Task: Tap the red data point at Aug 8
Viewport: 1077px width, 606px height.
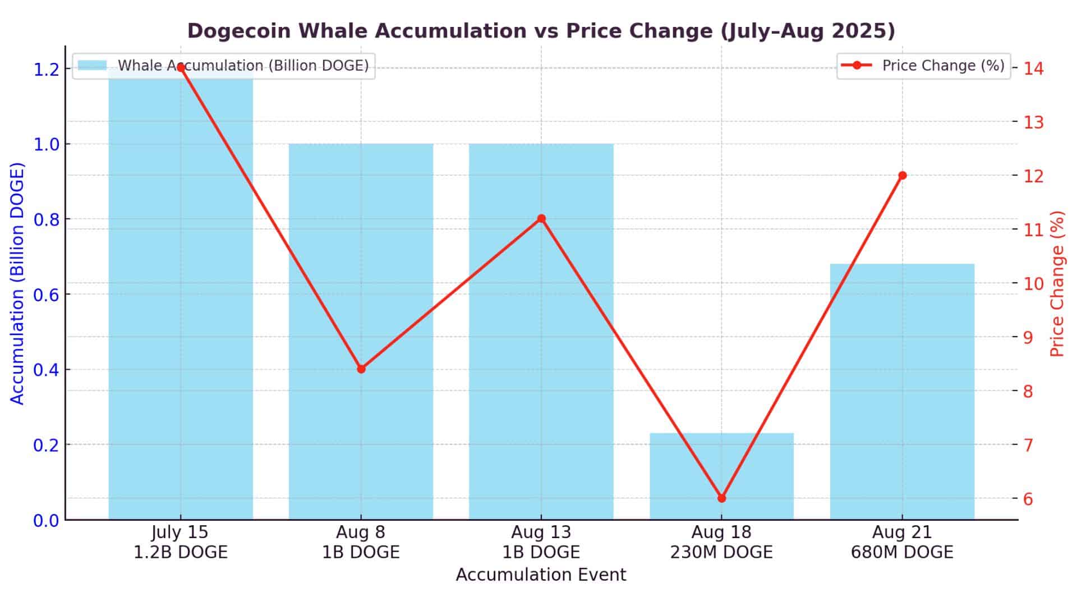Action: tap(361, 369)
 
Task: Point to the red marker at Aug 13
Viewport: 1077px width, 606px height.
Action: tap(541, 219)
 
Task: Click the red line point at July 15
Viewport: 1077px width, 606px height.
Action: tap(181, 68)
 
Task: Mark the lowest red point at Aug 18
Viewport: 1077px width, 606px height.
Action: tap(722, 498)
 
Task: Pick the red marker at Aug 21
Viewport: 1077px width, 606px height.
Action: tap(903, 176)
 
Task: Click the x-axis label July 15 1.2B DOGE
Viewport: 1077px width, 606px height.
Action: tap(181, 542)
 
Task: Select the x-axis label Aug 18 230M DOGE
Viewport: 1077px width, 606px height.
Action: tap(721, 542)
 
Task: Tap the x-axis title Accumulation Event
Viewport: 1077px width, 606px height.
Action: tap(541, 575)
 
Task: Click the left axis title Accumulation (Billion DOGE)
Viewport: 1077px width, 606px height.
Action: tap(18, 283)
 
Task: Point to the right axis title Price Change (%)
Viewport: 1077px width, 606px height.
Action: tap(1057, 283)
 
